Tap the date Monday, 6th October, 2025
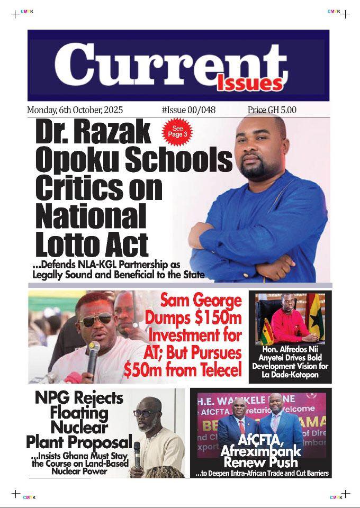pos(75,110)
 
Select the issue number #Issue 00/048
pos(188,110)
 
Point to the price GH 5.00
pos(272,110)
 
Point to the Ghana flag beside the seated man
pos(319,317)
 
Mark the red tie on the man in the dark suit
pos(241,428)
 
